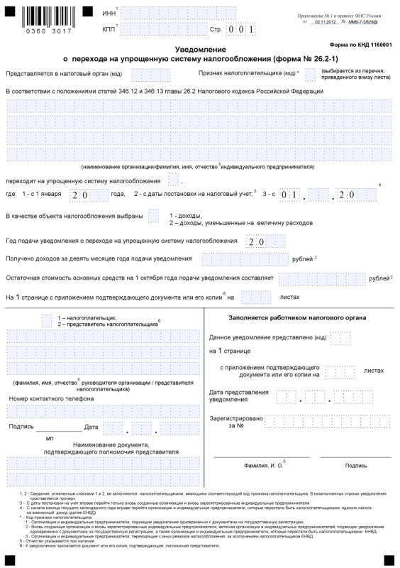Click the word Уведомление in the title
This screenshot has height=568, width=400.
pos(200,49)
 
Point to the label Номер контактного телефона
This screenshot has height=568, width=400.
pos(51,398)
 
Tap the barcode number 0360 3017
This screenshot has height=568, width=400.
pos(48,32)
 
